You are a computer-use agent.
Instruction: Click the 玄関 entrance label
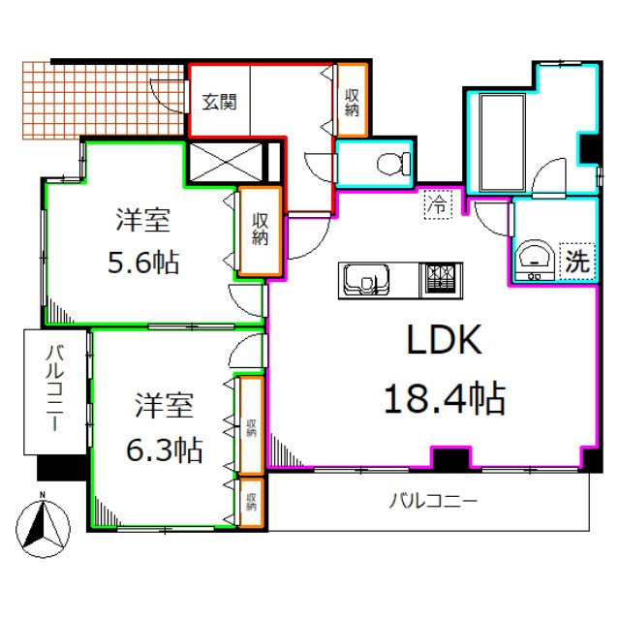point(220,101)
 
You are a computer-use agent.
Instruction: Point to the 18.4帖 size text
point(445,397)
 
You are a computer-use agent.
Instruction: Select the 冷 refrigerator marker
point(439,204)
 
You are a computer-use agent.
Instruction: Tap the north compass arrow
point(42,526)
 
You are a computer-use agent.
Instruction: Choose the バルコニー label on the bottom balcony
point(433,501)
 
